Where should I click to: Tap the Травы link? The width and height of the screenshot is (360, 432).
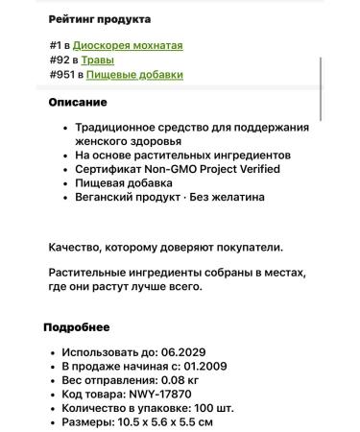[98, 60]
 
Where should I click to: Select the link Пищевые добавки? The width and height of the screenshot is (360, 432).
[134, 74]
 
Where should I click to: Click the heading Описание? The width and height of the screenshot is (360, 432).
[78, 103]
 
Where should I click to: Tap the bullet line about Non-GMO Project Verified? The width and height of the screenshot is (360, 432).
[164, 169]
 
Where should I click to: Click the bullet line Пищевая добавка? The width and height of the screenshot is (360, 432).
[127, 183]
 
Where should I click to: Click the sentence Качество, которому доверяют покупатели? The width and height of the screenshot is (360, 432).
[165, 247]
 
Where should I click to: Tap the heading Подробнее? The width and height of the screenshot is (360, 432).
[77, 327]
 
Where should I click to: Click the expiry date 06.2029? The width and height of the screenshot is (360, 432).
[184, 352]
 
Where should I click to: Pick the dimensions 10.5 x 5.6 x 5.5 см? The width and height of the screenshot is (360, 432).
[165, 422]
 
